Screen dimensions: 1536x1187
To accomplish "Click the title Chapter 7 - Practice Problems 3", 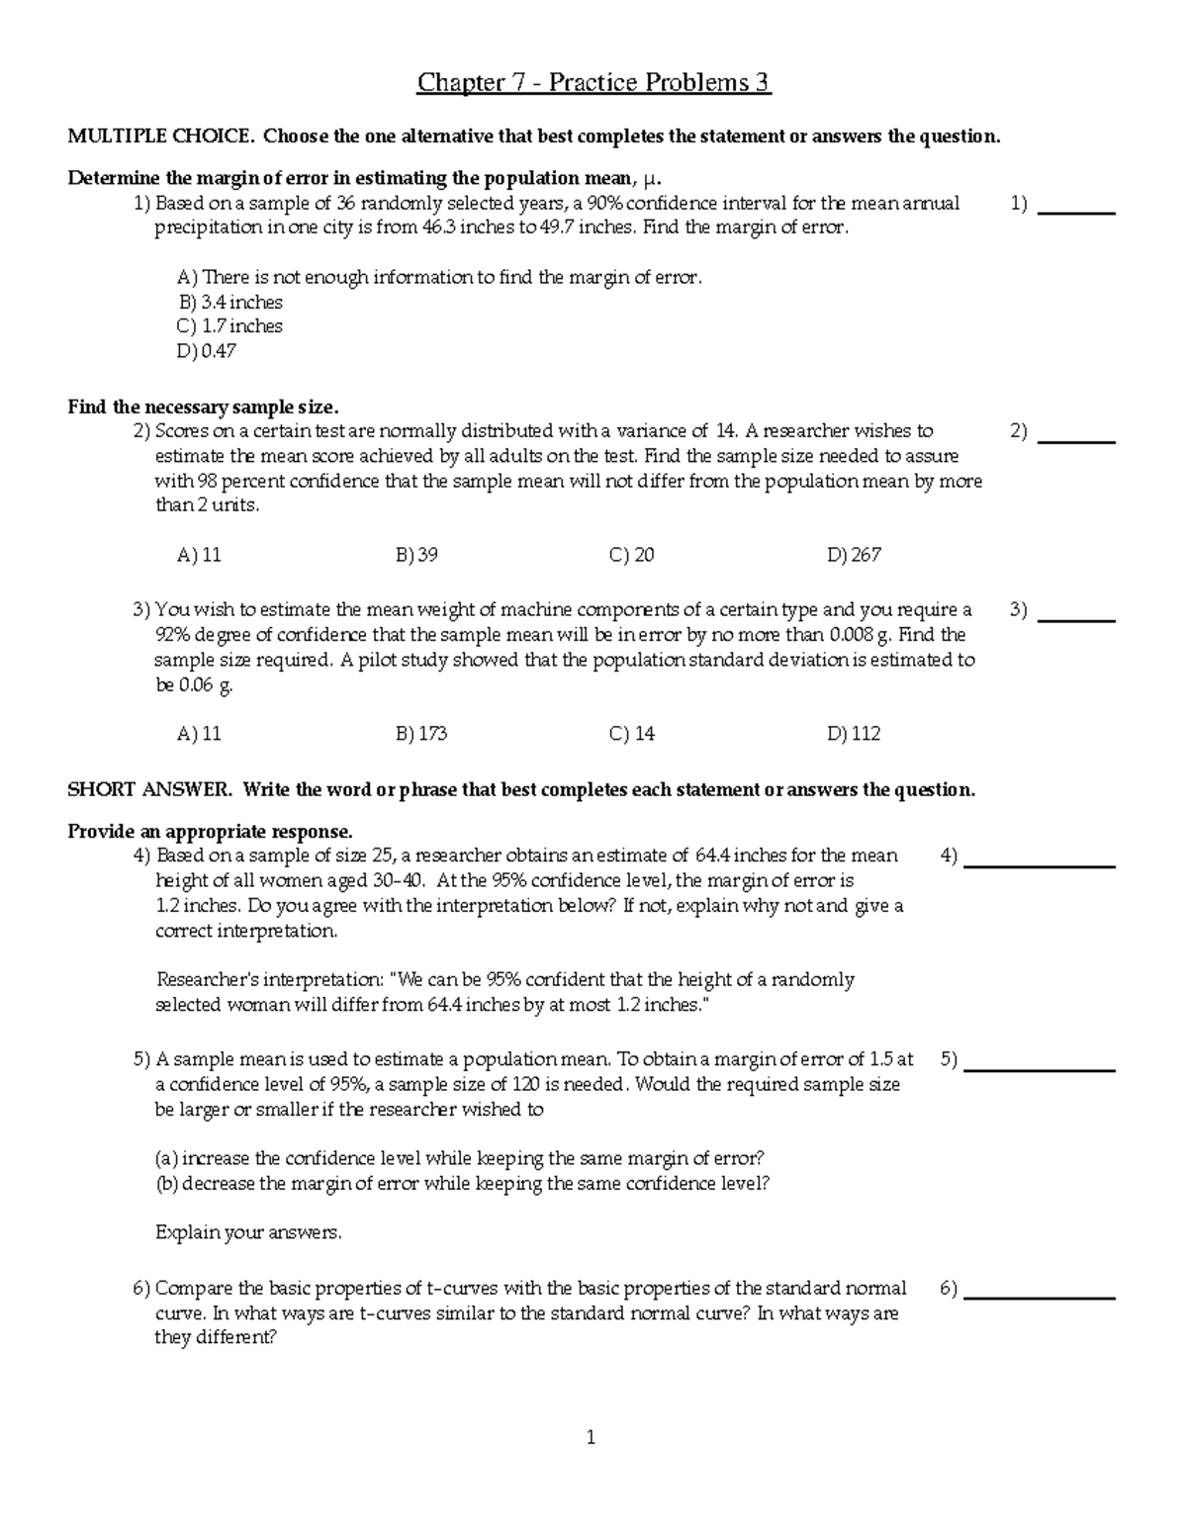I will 593,82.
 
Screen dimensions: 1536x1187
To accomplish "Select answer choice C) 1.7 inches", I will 229,326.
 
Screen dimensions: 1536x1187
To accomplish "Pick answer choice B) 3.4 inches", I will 230,303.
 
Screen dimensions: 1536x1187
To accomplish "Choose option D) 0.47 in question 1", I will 207,351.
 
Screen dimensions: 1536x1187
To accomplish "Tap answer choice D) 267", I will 854,555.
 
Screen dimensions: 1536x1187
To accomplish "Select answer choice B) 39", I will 416,555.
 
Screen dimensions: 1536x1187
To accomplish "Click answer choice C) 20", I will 632,555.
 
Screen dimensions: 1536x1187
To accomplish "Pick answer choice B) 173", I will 421,734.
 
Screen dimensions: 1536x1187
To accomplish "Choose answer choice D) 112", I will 854,734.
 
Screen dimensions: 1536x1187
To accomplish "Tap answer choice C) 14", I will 632,734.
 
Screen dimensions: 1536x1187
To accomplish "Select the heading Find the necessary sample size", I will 203,407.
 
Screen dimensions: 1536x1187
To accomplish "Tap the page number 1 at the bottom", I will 591,1438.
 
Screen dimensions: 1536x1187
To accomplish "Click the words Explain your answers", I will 248,1233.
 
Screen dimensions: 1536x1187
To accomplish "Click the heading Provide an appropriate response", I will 210,831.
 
